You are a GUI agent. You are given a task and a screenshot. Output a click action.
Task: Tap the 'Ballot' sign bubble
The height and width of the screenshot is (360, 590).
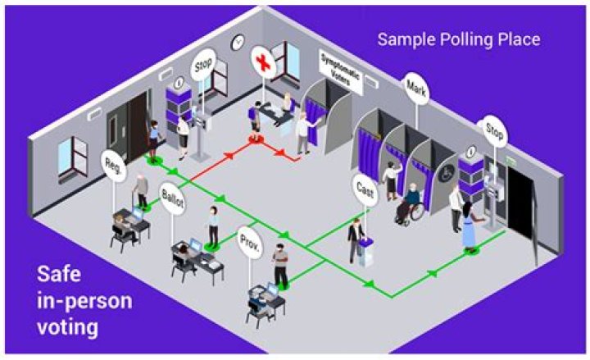pos(175,202)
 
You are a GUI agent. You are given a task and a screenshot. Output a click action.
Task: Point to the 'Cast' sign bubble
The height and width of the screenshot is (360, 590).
pos(365,189)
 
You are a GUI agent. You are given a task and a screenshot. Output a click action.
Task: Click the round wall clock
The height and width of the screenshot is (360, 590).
pos(238,42)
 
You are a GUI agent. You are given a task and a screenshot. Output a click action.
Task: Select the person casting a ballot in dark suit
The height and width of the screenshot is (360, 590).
pos(355,239)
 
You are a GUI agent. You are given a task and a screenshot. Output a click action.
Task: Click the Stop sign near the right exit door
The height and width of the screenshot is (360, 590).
pos(494,130)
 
